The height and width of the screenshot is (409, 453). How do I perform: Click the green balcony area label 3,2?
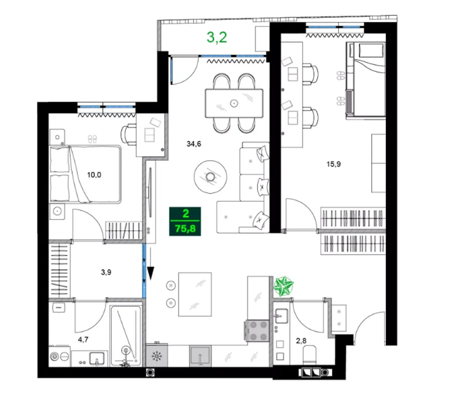(x=216, y=38)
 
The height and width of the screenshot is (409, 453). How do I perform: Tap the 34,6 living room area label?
(x=194, y=144)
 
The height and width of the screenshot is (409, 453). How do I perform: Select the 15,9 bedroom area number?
(x=333, y=164)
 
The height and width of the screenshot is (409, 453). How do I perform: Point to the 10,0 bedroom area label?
(x=94, y=175)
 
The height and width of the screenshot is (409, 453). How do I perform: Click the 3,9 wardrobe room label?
(x=106, y=272)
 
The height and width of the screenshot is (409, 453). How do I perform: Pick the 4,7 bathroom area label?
(x=83, y=339)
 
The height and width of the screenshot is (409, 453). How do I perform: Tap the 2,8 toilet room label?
(x=301, y=341)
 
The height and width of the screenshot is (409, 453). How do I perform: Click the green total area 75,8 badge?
(x=185, y=221)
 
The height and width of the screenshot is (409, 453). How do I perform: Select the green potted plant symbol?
(x=283, y=286)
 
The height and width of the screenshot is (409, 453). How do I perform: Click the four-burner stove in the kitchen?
(x=257, y=331)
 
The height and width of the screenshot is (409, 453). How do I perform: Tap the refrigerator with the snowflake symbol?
(x=157, y=355)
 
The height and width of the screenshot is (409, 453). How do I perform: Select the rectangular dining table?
(x=234, y=103)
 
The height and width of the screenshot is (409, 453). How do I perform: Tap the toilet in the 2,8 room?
(x=309, y=355)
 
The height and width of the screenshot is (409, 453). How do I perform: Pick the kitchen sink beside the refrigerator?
(x=200, y=356)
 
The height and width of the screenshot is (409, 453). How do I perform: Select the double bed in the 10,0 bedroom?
(x=85, y=174)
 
